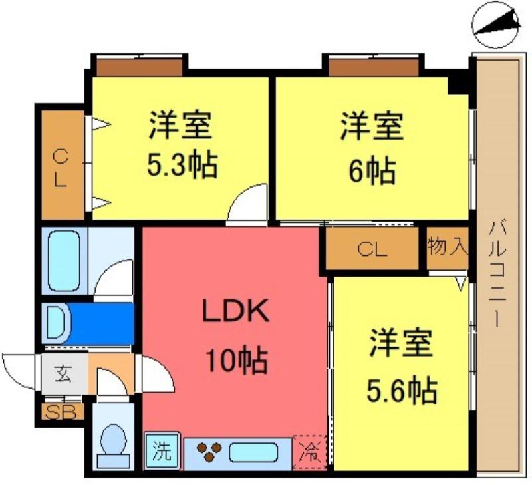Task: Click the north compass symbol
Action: point(496,25)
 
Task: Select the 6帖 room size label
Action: point(372,170)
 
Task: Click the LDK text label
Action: point(236,310)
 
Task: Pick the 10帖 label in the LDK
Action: point(237,360)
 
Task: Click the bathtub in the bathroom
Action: point(64,261)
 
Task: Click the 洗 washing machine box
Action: point(162,450)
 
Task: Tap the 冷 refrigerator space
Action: point(309,453)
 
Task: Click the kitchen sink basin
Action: point(253,453)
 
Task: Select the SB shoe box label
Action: point(60,412)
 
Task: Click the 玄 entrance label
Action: point(63,375)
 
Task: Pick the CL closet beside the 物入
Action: point(372,249)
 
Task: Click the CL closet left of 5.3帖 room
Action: point(63,164)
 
